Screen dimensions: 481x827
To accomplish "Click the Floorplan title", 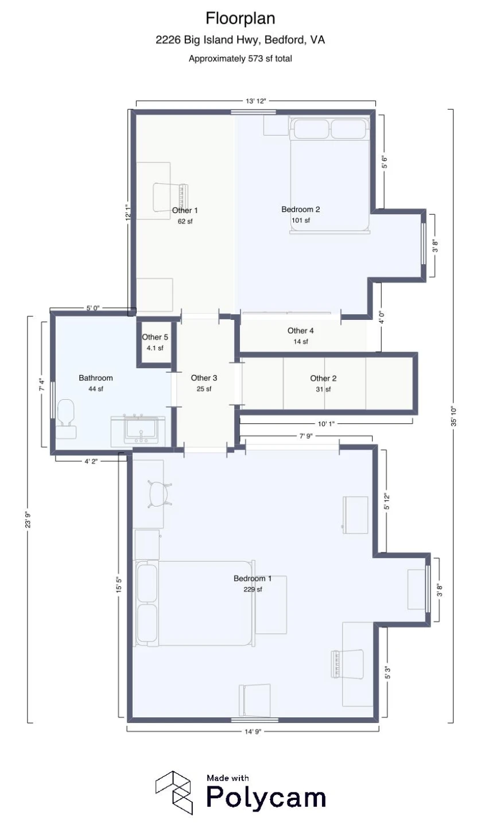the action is [240, 18].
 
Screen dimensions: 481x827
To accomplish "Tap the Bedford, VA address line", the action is [240, 40].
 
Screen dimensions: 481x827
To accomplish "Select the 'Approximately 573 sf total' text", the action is [240, 59].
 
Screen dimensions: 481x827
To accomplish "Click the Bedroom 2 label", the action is [301, 209].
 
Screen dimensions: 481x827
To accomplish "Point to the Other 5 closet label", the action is [155, 337].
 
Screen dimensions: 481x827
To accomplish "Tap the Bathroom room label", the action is [95, 378].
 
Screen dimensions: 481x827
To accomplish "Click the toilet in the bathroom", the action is [65, 419].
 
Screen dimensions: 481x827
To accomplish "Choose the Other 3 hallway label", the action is [204, 378].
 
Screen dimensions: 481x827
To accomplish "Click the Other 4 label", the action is [301, 331].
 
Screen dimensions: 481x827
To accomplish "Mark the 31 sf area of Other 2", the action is [323, 389].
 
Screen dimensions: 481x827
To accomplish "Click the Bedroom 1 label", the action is [253, 578].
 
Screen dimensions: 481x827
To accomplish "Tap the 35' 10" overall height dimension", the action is [453, 416].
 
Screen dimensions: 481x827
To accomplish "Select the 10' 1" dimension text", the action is [326, 424].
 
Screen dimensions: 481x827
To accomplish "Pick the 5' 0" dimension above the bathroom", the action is [93, 308].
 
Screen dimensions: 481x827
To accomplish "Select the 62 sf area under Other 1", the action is [185, 222].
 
